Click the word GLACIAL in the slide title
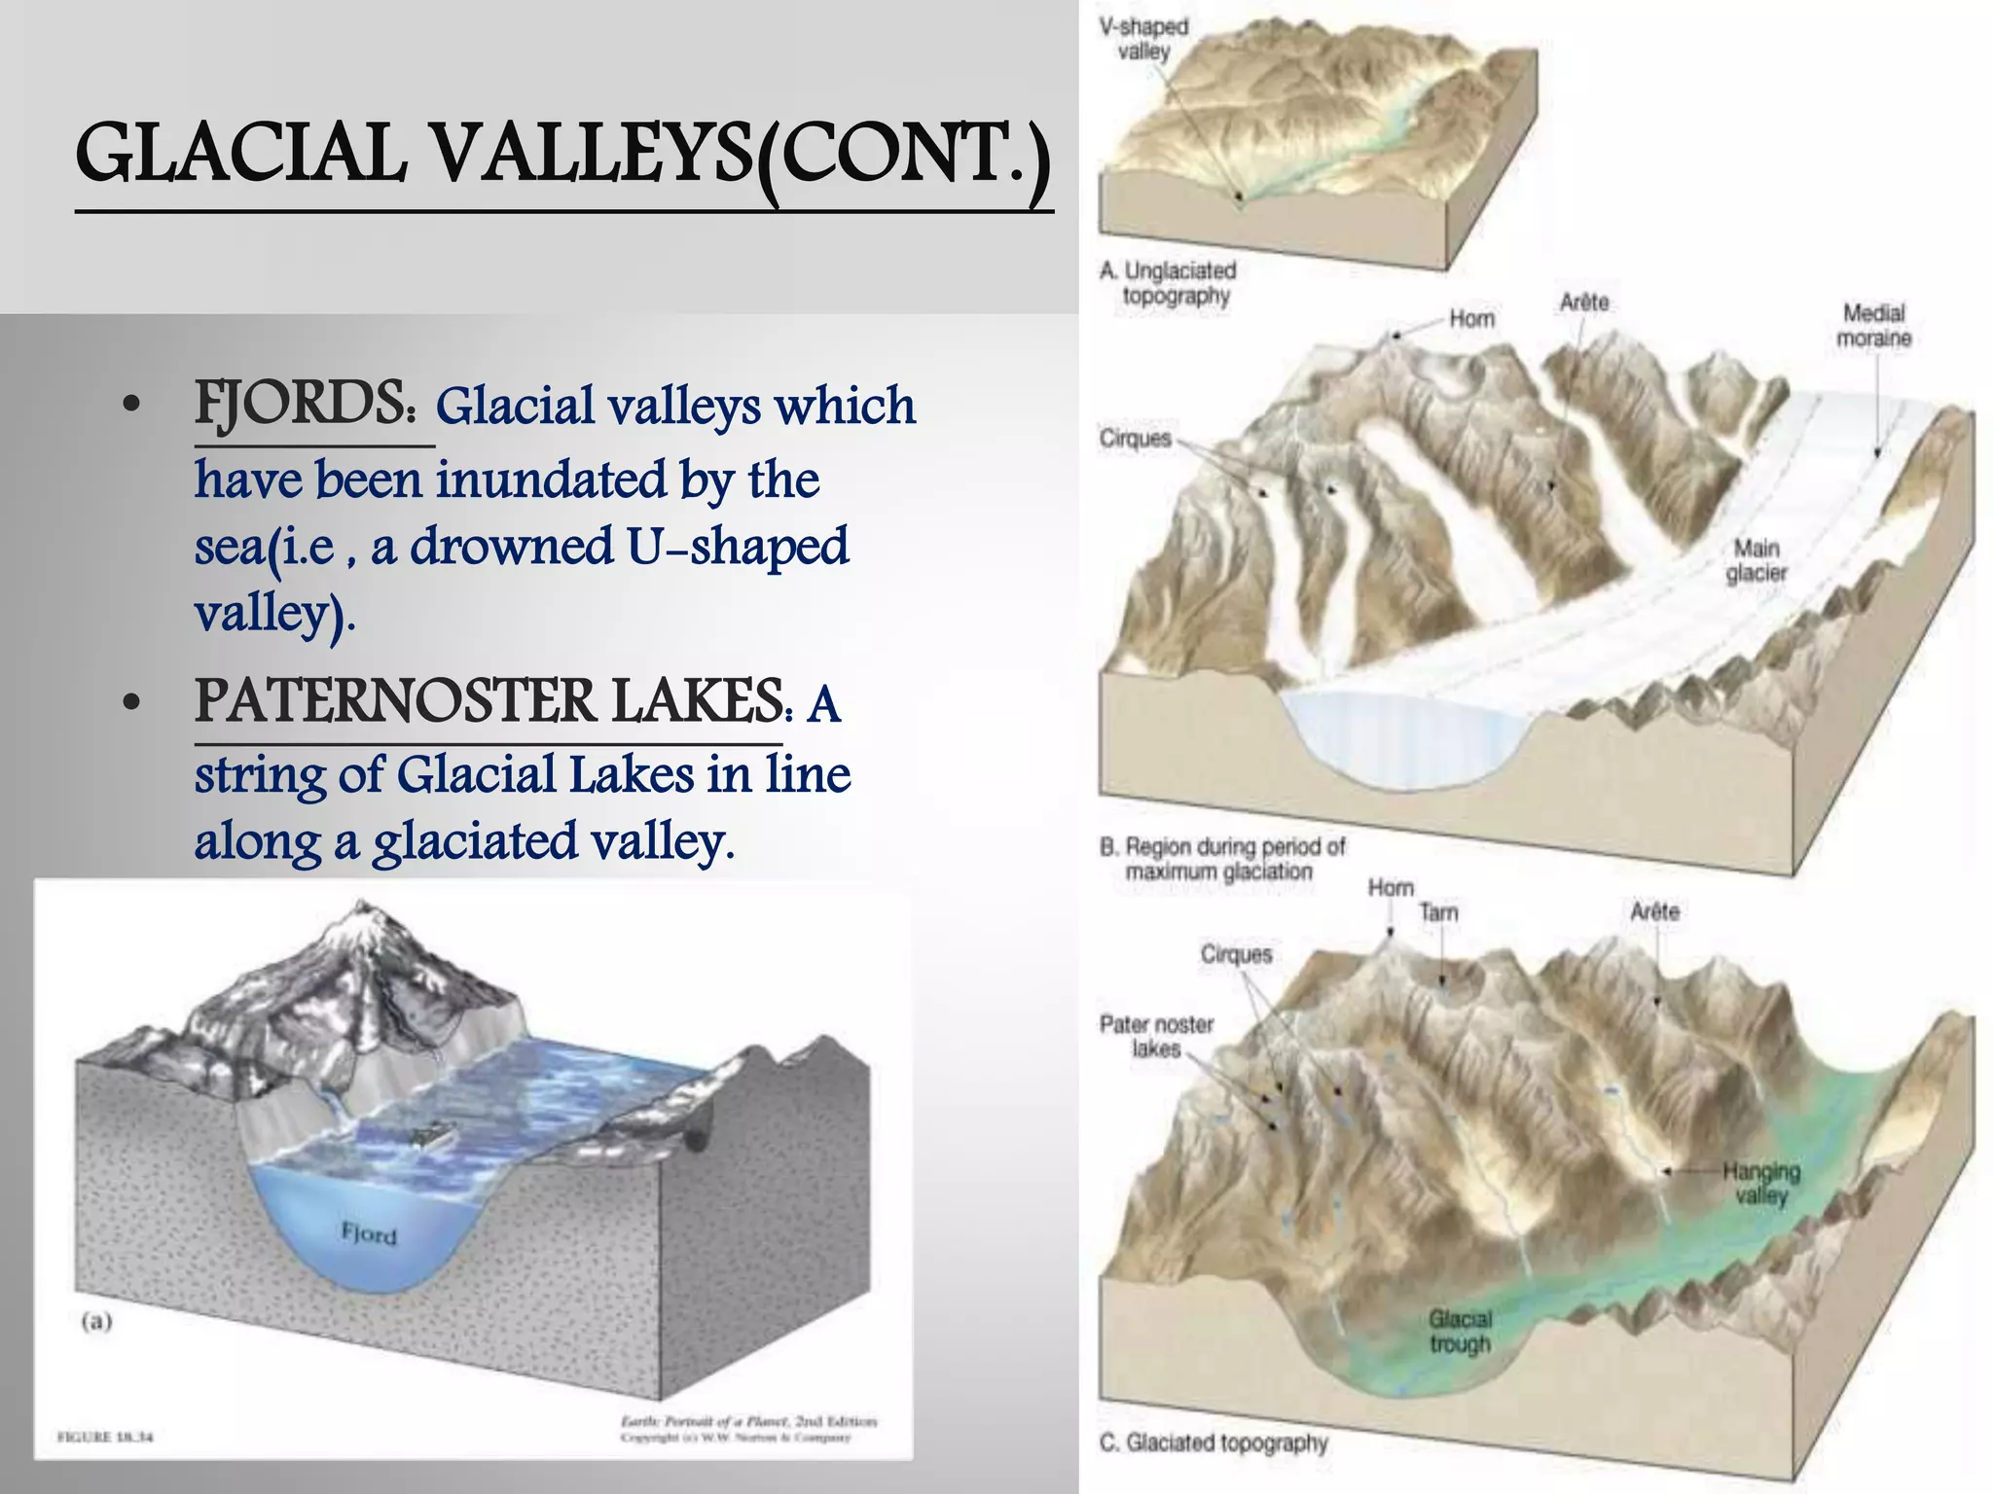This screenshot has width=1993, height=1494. (x=238, y=155)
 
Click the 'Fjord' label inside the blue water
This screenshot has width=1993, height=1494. (x=369, y=1234)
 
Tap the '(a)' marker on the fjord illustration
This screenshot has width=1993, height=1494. (x=96, y=1321)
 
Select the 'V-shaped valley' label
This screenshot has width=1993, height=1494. (x=1144, y=39)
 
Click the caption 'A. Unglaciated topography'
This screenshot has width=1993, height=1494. (x=1174, y=283)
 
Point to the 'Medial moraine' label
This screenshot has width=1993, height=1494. (x=1873, y=326)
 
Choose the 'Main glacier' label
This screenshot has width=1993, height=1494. (x=1757, y=561)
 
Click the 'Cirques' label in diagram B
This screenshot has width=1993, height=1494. (x=1135, y=439)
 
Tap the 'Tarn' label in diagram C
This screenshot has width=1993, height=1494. (x=1438, y=912)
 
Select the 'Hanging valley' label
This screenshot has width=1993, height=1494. (x=1761, y=1183)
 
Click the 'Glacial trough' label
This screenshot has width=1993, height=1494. (x=1460, y=1332)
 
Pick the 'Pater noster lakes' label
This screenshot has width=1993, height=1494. (x=1157, y=1036)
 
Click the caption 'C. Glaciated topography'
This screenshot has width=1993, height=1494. (x=1214, y=1442)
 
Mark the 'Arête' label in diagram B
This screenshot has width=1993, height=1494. (x=1584, y=302)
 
